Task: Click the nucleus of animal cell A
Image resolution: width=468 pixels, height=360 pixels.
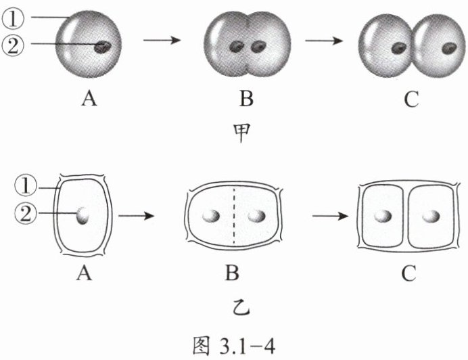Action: pyautogui.click(x=103, y=47)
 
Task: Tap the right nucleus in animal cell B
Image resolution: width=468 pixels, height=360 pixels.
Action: pyautogui.click(x=258, y=47)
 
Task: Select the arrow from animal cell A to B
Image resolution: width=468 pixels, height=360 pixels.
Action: pyautogui.click(x=162, y=41)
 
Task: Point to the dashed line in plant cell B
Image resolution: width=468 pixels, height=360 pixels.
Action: pyautogui.click(x=235, y=217)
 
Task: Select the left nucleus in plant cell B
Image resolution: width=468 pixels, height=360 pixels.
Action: pyautogui.click(x=212, y=217)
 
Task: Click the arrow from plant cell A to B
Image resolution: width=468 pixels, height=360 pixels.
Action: pyautogui.click(x=137, y=217)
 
